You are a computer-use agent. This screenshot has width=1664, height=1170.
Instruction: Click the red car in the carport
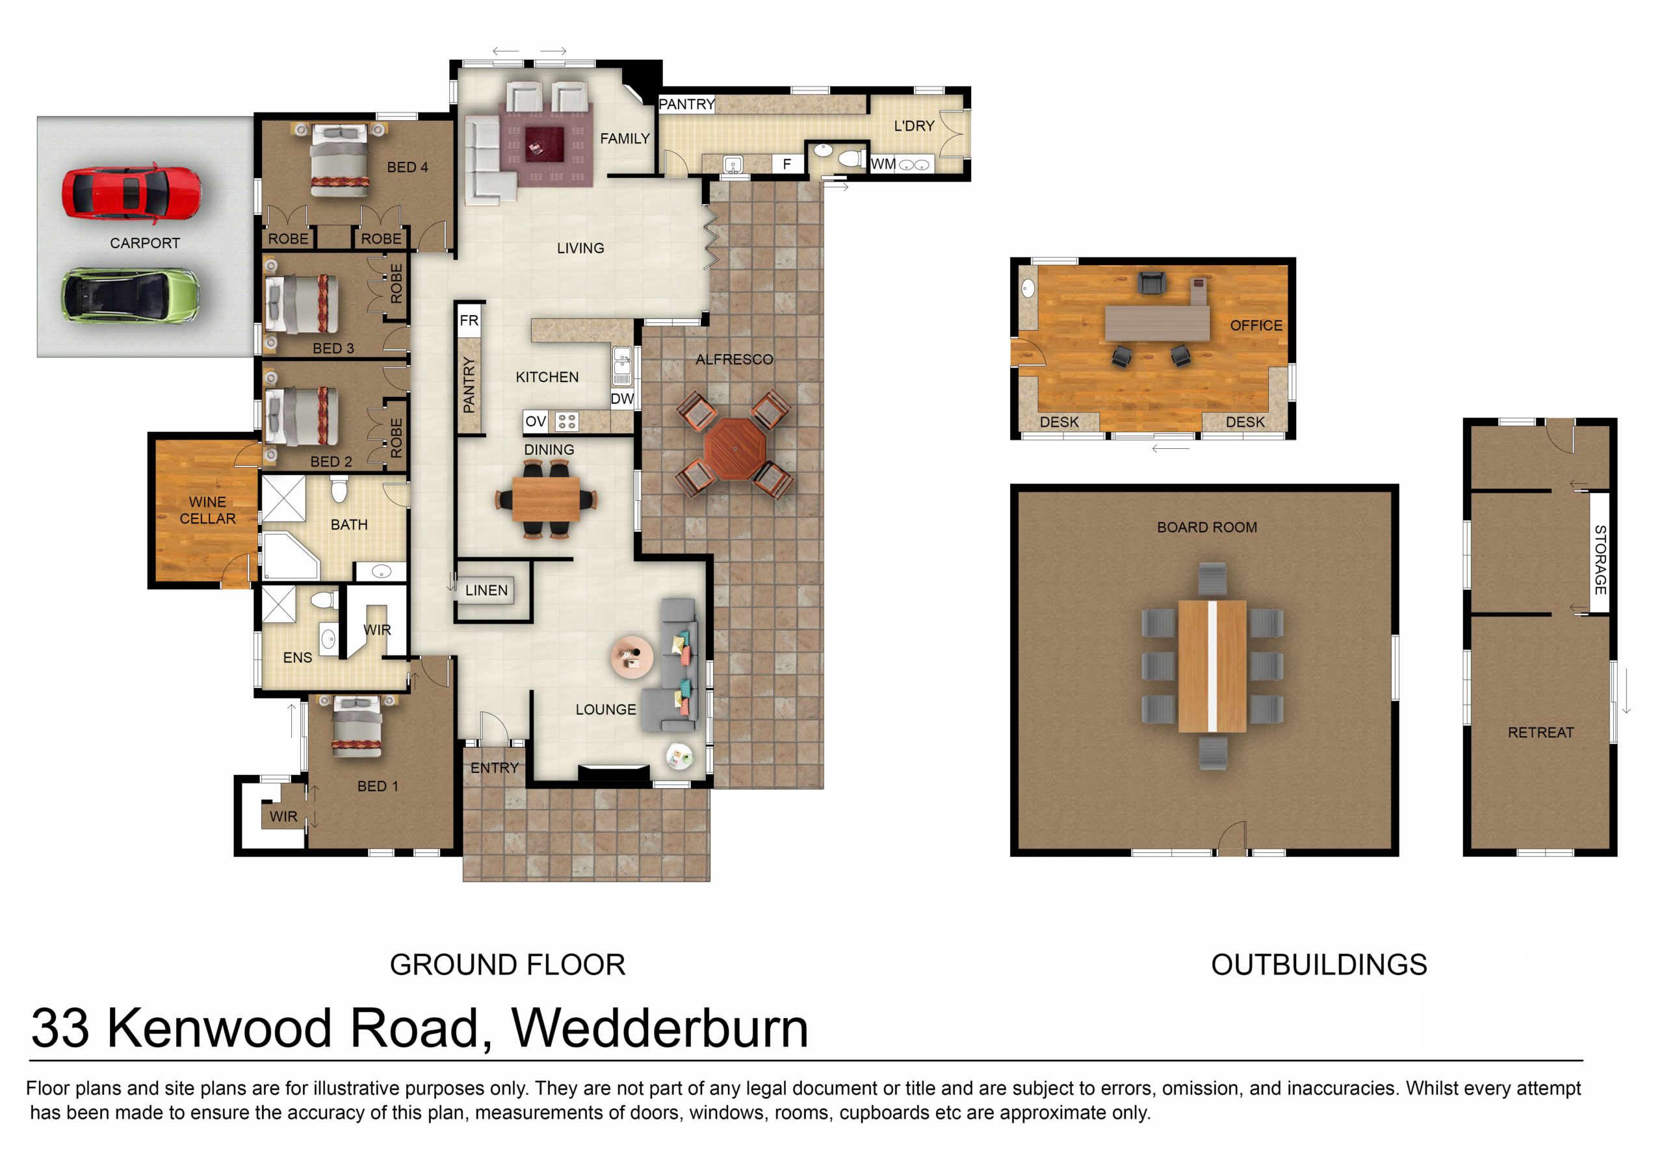pyautogui.click(x=131, y=192)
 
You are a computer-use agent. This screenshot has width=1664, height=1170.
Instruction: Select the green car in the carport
pyautogui.click(x=131, y=296)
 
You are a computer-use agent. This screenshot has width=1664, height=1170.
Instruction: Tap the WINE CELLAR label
pyautogui.click(x=207, y=510)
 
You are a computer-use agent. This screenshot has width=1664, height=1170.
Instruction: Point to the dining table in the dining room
pyautogui.click(x=546, y=499)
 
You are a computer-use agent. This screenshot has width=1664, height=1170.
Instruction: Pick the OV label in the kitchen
pyautogui.click(x=536, y=421)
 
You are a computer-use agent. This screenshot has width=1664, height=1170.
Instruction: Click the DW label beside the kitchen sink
pyautogui.click(x=622, y=398)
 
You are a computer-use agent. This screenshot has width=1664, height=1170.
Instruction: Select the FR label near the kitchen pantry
pyautogui.click(x=469, y=320)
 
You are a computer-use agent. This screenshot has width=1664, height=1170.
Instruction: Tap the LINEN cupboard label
pyautogui.click(x=486, y=591)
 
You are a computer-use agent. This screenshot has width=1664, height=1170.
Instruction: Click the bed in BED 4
pyautogui.click(x=338, y=161)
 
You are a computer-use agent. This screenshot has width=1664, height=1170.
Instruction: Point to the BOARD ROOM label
pyautogui.click(x=1206, y=528)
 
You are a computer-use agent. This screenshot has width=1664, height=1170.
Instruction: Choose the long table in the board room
pyautogui.click(x=1212, y=666)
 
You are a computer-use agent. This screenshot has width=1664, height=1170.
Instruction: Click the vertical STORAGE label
pyautogui.click(x=1600, y=560)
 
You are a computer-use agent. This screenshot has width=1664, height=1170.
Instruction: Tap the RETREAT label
pyautogui.click(x=1540, y=732)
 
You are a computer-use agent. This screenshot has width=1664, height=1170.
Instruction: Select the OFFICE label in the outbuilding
pyautogui.click(x=1256, y=325)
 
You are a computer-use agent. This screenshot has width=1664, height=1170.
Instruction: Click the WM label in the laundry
pyautogui.click(x=883, y=164)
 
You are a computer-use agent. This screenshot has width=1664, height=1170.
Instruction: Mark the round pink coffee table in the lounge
pyautogui.click(x=632, y=657)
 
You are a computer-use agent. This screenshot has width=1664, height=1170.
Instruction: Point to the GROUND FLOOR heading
pyautogui.click(x=507, y=964)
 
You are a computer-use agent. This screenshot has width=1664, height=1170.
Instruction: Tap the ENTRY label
pyautogui.click(x=494, y=768)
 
